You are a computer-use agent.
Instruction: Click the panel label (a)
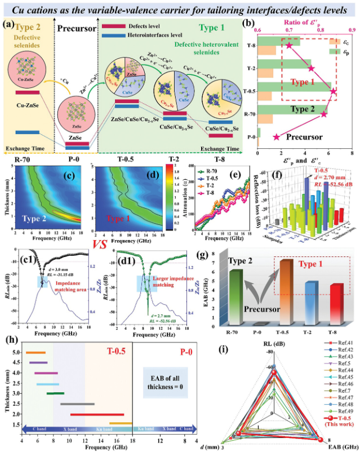point(10,24)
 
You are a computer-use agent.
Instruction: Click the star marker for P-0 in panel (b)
point(276,136)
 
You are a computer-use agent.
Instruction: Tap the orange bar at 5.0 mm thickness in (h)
point(35,352)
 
